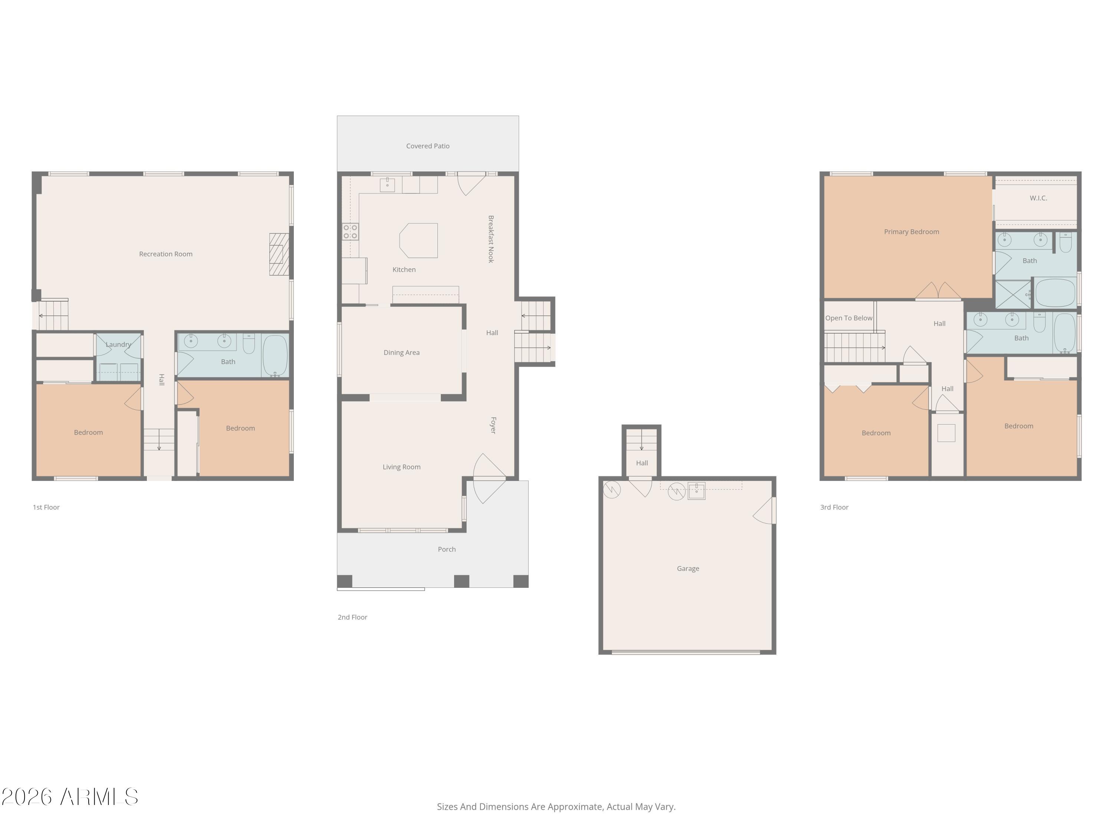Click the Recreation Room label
(165, 254)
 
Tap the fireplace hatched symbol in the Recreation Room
(279, 254)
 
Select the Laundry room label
(118, 344)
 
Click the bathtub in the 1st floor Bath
(275, 356)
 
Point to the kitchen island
(418, 240)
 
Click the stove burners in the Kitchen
(350, 232)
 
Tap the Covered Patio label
(428, 146)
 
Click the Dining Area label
(401, 352)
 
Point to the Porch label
(446, 549)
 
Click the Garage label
(687, 568)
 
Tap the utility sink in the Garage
(696, 491)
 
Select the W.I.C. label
(1038, 198)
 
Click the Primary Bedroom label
(911, 232)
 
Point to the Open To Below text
(848, 318)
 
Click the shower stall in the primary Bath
(1013, 294)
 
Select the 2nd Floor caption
(352, 617)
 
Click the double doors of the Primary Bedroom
(938, 291)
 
